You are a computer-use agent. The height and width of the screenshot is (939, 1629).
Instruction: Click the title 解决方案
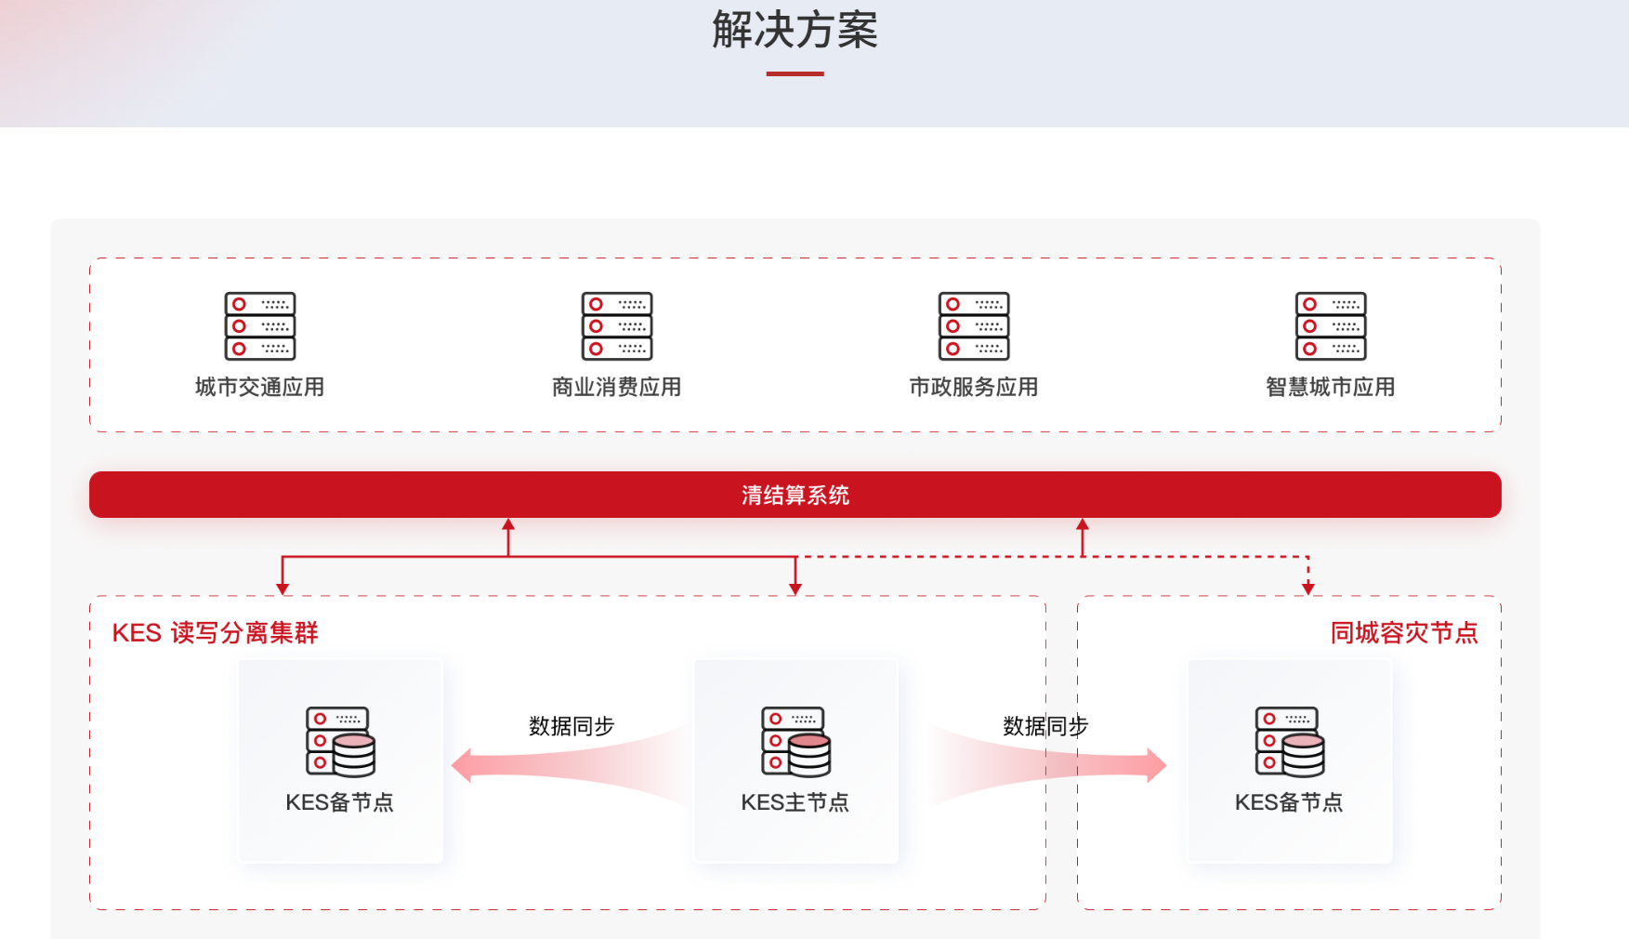tap(795, 30)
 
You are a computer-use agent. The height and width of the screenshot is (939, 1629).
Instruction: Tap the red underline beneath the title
tap(795, 73)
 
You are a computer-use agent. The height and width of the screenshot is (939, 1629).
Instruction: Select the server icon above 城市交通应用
tap(260, 326)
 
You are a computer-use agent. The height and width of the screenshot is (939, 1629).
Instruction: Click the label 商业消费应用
tap(616, 387)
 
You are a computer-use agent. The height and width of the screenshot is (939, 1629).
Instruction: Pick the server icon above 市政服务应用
tap(974, 326)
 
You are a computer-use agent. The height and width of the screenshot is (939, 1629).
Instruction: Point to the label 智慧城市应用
tap(1330, 387)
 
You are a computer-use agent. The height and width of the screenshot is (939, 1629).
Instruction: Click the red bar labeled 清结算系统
tap(795, 495)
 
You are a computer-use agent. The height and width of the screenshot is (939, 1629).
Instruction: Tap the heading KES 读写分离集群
tap(215, 633)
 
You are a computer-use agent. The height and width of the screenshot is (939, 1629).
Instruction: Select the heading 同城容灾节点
tap(1403, 633)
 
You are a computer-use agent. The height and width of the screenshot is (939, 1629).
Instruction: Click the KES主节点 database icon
tap(795, 742)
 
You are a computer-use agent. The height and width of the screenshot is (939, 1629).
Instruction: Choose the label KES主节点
tap(795, 802)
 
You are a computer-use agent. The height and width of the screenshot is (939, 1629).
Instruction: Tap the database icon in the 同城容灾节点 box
tap(1290, 742)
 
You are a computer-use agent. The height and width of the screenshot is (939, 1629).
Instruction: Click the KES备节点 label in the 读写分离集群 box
tap(339, 802)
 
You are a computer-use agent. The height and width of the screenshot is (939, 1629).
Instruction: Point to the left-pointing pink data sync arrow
tap(558, 764)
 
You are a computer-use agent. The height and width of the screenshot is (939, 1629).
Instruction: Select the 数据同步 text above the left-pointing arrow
tap(571, 726)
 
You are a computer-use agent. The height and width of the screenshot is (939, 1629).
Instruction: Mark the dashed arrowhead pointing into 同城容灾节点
tap(1308, 588)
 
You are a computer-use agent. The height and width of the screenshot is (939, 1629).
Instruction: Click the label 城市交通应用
tap(259, 387)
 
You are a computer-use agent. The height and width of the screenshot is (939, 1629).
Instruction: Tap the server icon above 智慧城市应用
tap(1331, 326)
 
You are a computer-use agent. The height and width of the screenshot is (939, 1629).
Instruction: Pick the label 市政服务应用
tap(973, 387)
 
